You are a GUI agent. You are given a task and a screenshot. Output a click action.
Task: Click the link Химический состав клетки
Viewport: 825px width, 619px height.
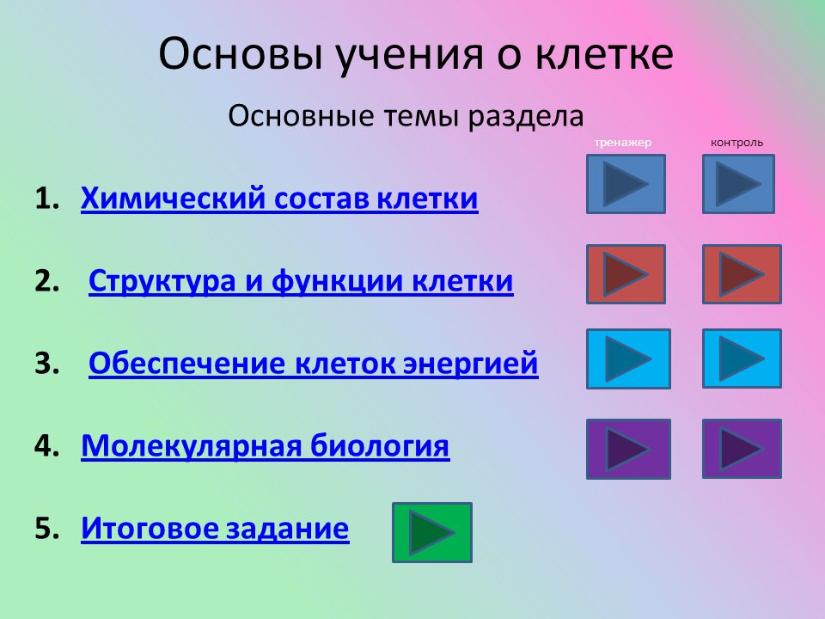(x=279, y=199)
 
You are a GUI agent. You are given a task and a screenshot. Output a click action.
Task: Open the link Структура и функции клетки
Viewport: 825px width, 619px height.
(x=301, y=280)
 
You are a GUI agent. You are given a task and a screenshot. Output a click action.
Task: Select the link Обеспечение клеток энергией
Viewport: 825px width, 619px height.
(x=314, y=363)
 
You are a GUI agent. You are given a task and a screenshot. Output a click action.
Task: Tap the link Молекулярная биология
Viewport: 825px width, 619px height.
(x=266, y=446)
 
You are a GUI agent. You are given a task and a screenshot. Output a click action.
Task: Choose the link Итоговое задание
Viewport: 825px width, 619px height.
(x=215, y=528)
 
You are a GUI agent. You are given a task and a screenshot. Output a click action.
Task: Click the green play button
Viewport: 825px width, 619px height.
(x=432, y=532)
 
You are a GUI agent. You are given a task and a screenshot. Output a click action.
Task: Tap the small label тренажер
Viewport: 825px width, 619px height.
(x=623, y=143)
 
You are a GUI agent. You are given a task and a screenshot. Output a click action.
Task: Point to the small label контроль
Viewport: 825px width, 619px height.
(x=736, y=143)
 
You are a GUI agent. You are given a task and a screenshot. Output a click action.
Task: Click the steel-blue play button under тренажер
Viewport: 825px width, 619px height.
(x=626, y=184)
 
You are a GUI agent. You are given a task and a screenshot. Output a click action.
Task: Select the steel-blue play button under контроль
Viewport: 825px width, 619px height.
(x=739, y=184)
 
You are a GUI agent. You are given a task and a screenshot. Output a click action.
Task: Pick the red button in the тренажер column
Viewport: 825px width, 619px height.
(x=626, y=274)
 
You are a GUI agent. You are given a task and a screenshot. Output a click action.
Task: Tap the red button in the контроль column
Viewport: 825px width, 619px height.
(x=742, y=274)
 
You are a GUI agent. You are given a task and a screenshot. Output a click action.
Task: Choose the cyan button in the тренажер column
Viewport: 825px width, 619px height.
(x=629, y=359)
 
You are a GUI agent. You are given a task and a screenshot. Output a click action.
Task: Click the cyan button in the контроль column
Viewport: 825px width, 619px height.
(x=742, y=359)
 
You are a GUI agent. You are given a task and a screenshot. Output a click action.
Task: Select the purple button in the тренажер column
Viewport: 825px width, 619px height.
(x=629, y=449)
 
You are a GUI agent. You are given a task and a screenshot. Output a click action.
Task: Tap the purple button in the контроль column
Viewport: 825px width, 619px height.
(x=742, y=449)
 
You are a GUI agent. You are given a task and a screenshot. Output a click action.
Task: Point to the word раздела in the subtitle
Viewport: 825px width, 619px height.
(x=526, y=116)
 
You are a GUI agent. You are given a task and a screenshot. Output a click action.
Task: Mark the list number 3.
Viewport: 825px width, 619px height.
(x=46, y=363)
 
